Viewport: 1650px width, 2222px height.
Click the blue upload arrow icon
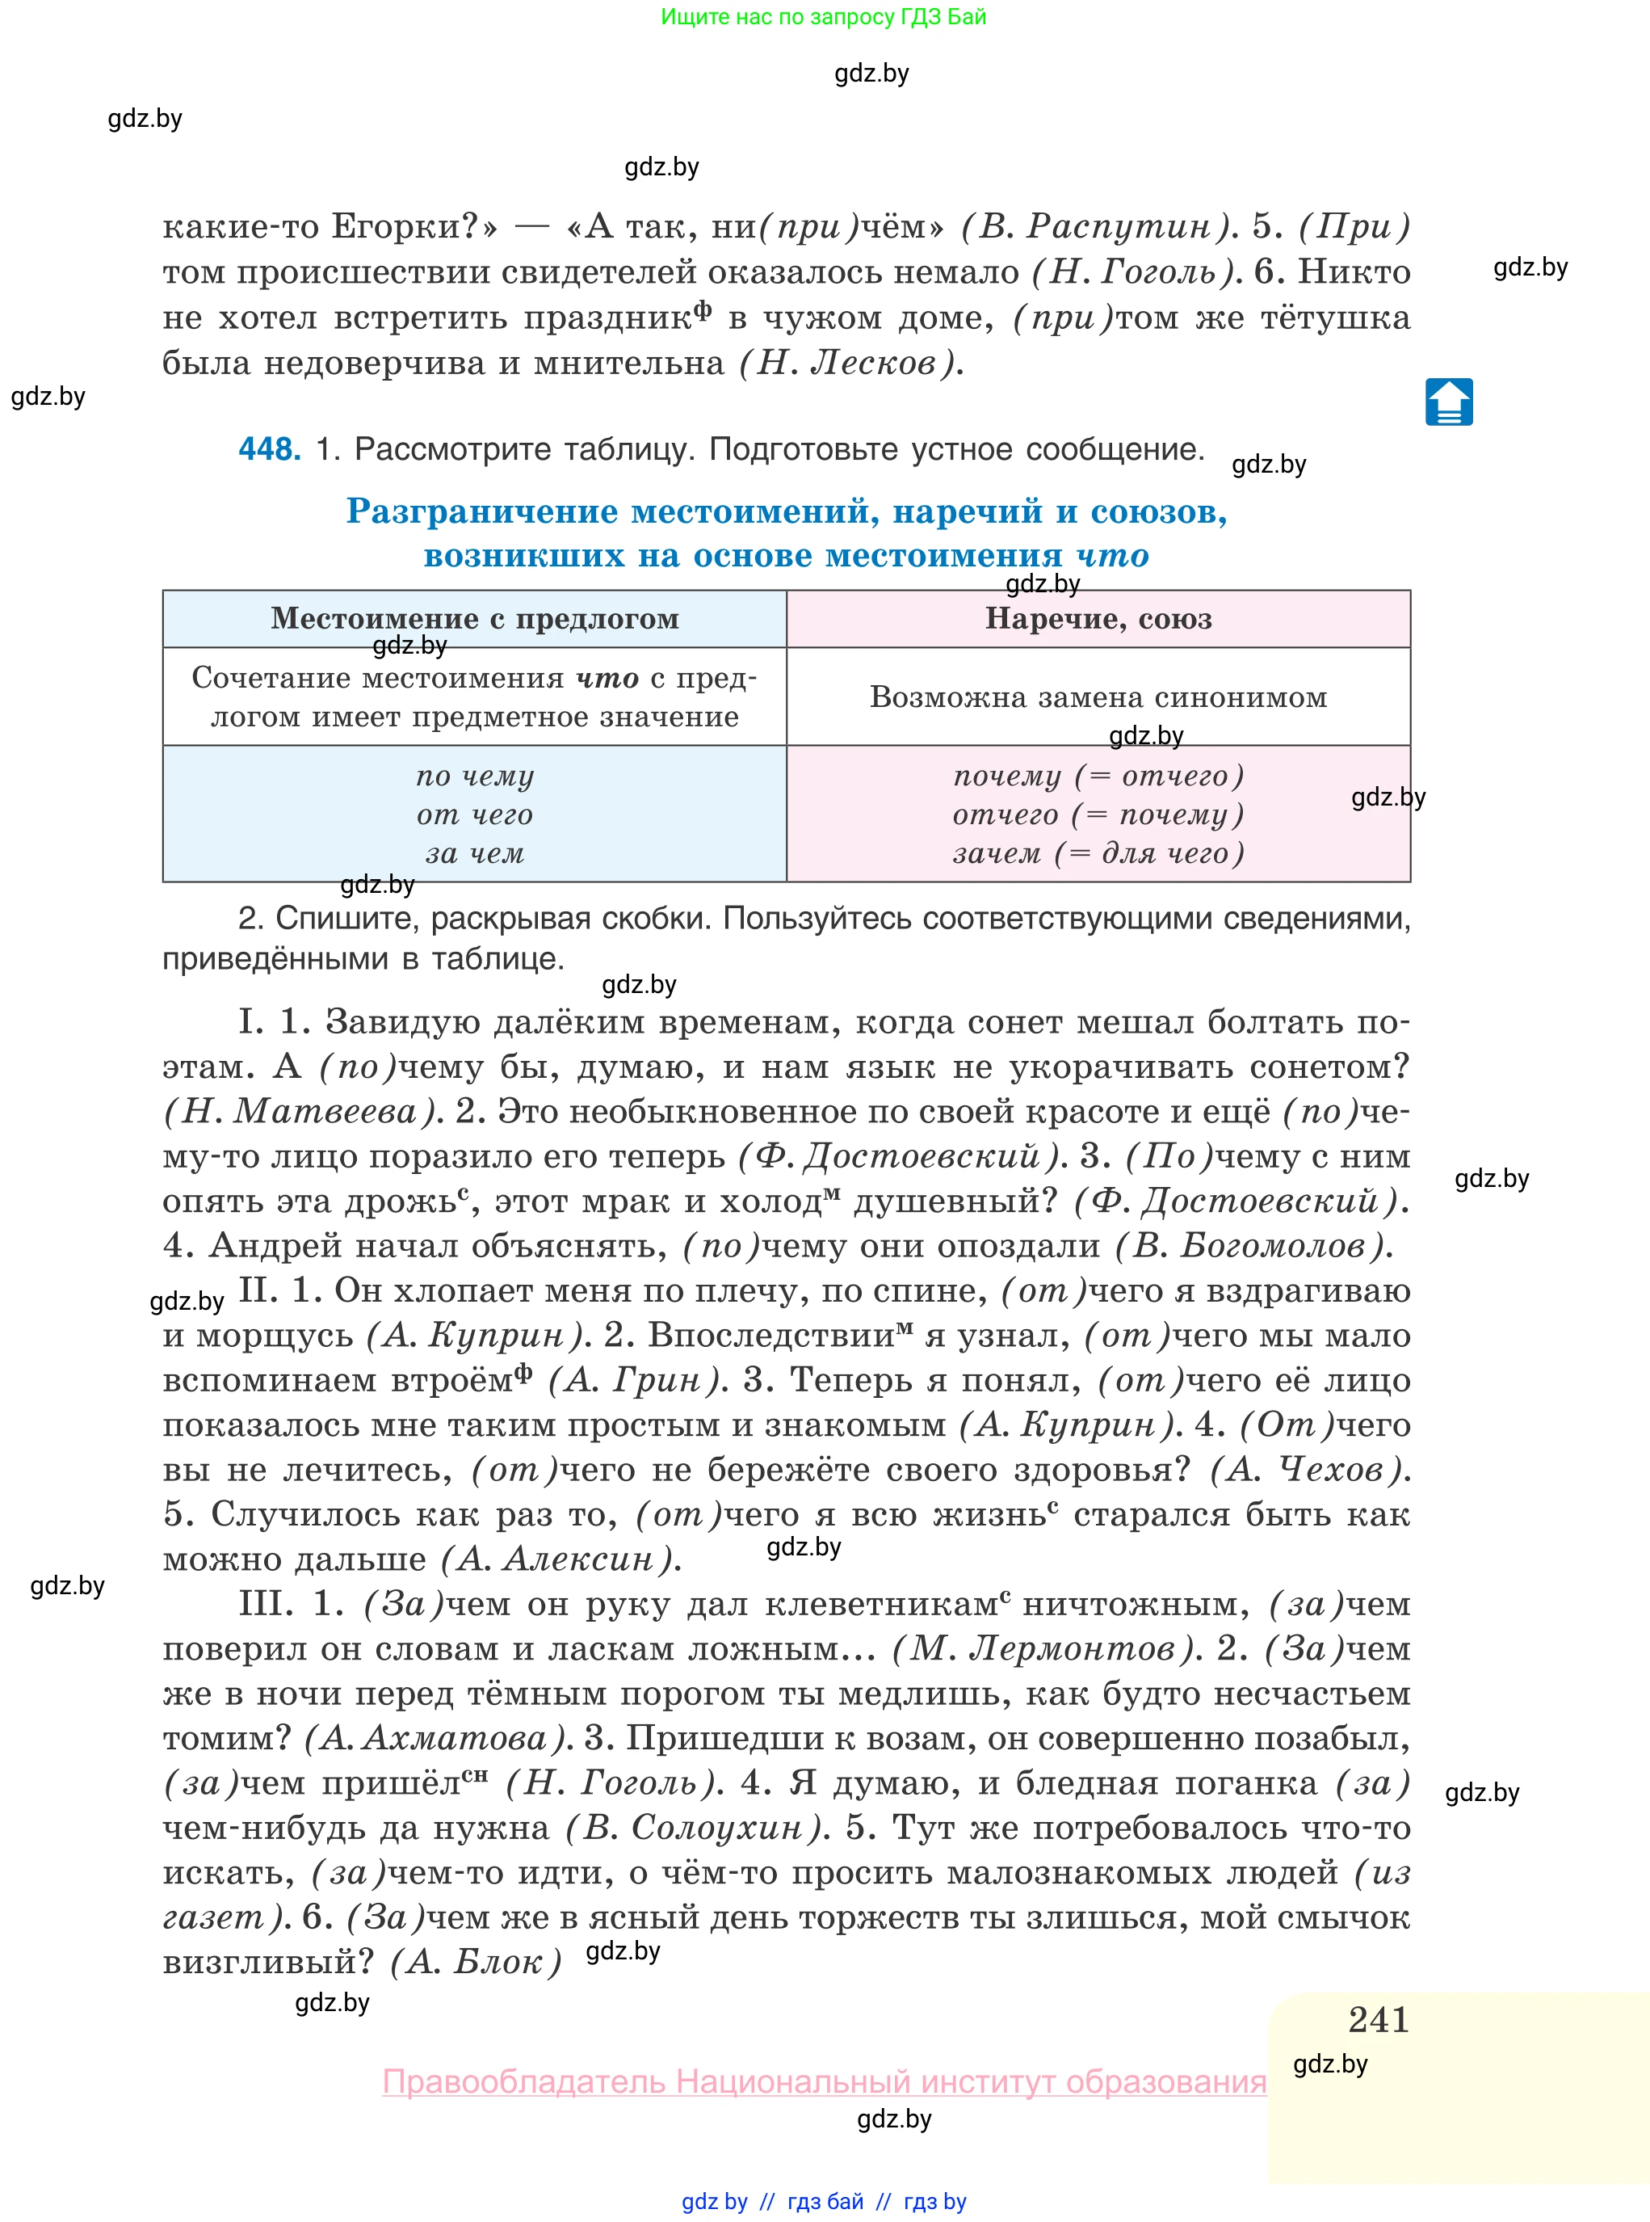coord(1448,402)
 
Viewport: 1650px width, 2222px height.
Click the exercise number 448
coord(269,449)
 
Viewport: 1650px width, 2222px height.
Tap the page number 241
coord(1379,2019)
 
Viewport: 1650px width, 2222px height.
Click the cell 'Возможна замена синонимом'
coord(1098,696)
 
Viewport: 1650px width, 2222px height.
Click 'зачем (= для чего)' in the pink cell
coord(1098,853)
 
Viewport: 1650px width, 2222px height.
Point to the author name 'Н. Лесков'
coord(850,363)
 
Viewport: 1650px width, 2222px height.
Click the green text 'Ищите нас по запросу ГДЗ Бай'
coord(823,17)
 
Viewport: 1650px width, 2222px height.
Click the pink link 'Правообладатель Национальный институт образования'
coord(824,2081)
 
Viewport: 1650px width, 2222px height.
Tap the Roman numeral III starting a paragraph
coord(266,1604)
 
